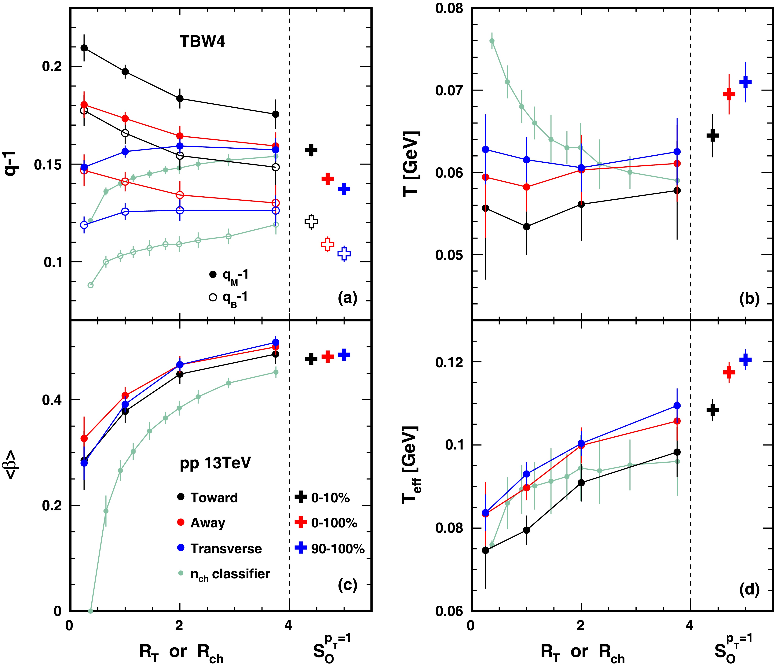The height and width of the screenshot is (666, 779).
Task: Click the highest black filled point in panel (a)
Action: (84, 48)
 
